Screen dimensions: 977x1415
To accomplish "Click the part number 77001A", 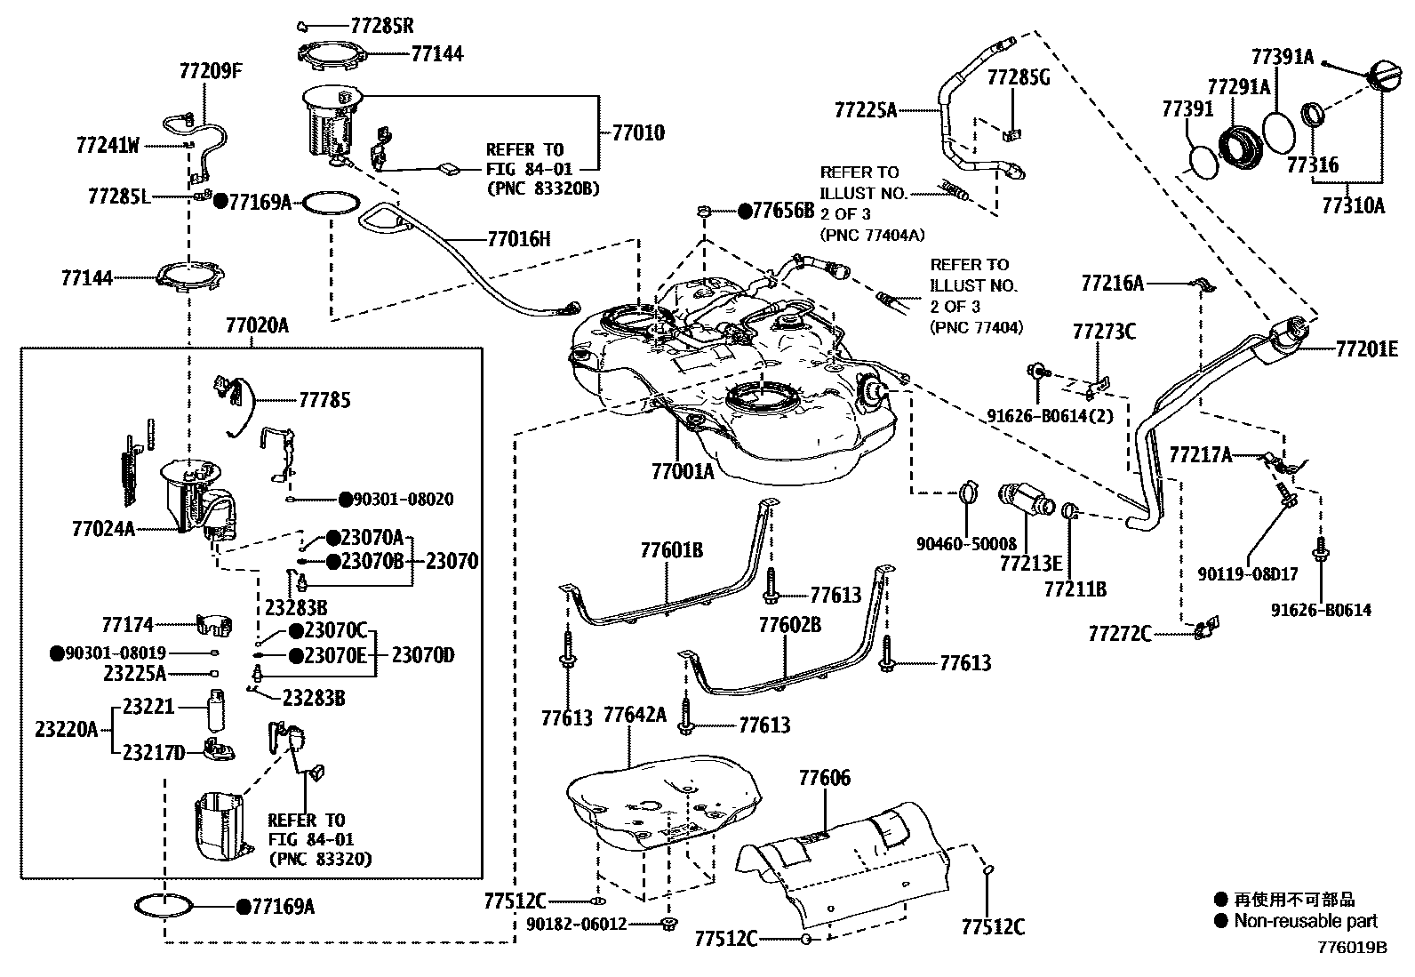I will pos(682,471).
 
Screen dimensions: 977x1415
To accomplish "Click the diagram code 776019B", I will pos(1352,947).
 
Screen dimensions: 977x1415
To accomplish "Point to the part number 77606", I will pos(824,779).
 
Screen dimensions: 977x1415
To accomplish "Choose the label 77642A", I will pos(635,716).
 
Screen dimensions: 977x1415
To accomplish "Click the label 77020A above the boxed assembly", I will pos(257,325).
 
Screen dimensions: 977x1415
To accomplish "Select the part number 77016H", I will pos(519,238).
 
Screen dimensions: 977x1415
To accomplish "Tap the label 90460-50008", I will pos(966,543).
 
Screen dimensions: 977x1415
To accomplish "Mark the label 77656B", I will pos(783,211).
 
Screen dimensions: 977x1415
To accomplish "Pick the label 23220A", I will pos(67,730).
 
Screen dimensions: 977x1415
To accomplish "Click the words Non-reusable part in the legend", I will pos(1305,921).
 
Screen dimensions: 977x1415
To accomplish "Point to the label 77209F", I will pos(210,70).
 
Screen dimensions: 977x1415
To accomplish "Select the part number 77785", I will pos(324,400).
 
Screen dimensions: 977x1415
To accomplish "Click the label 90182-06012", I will pos(574,925).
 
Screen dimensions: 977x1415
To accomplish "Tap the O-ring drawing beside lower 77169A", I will pos(164,906).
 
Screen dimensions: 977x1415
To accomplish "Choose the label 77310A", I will pos(1353,205).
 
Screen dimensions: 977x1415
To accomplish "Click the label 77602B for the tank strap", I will pos(789,625).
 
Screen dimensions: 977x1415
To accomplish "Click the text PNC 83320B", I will pos(543,188).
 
